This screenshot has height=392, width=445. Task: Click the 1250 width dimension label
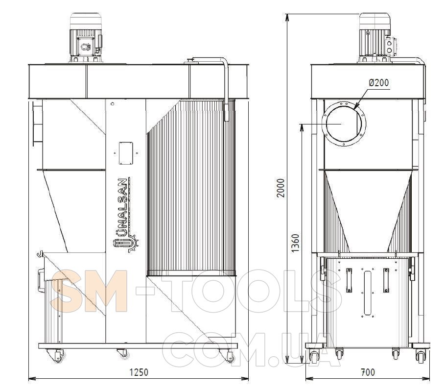[x=139, y=372]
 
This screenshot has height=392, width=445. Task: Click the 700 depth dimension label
[x=368, y=372]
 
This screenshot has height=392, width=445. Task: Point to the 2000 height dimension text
[x=281, y=188]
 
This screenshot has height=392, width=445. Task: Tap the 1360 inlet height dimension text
[x=295, y=243]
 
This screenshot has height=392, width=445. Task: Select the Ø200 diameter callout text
[x=378, y=83]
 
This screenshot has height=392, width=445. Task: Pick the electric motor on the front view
[x=86, y=38]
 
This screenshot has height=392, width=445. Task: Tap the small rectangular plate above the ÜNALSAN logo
[x=126, y=153]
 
